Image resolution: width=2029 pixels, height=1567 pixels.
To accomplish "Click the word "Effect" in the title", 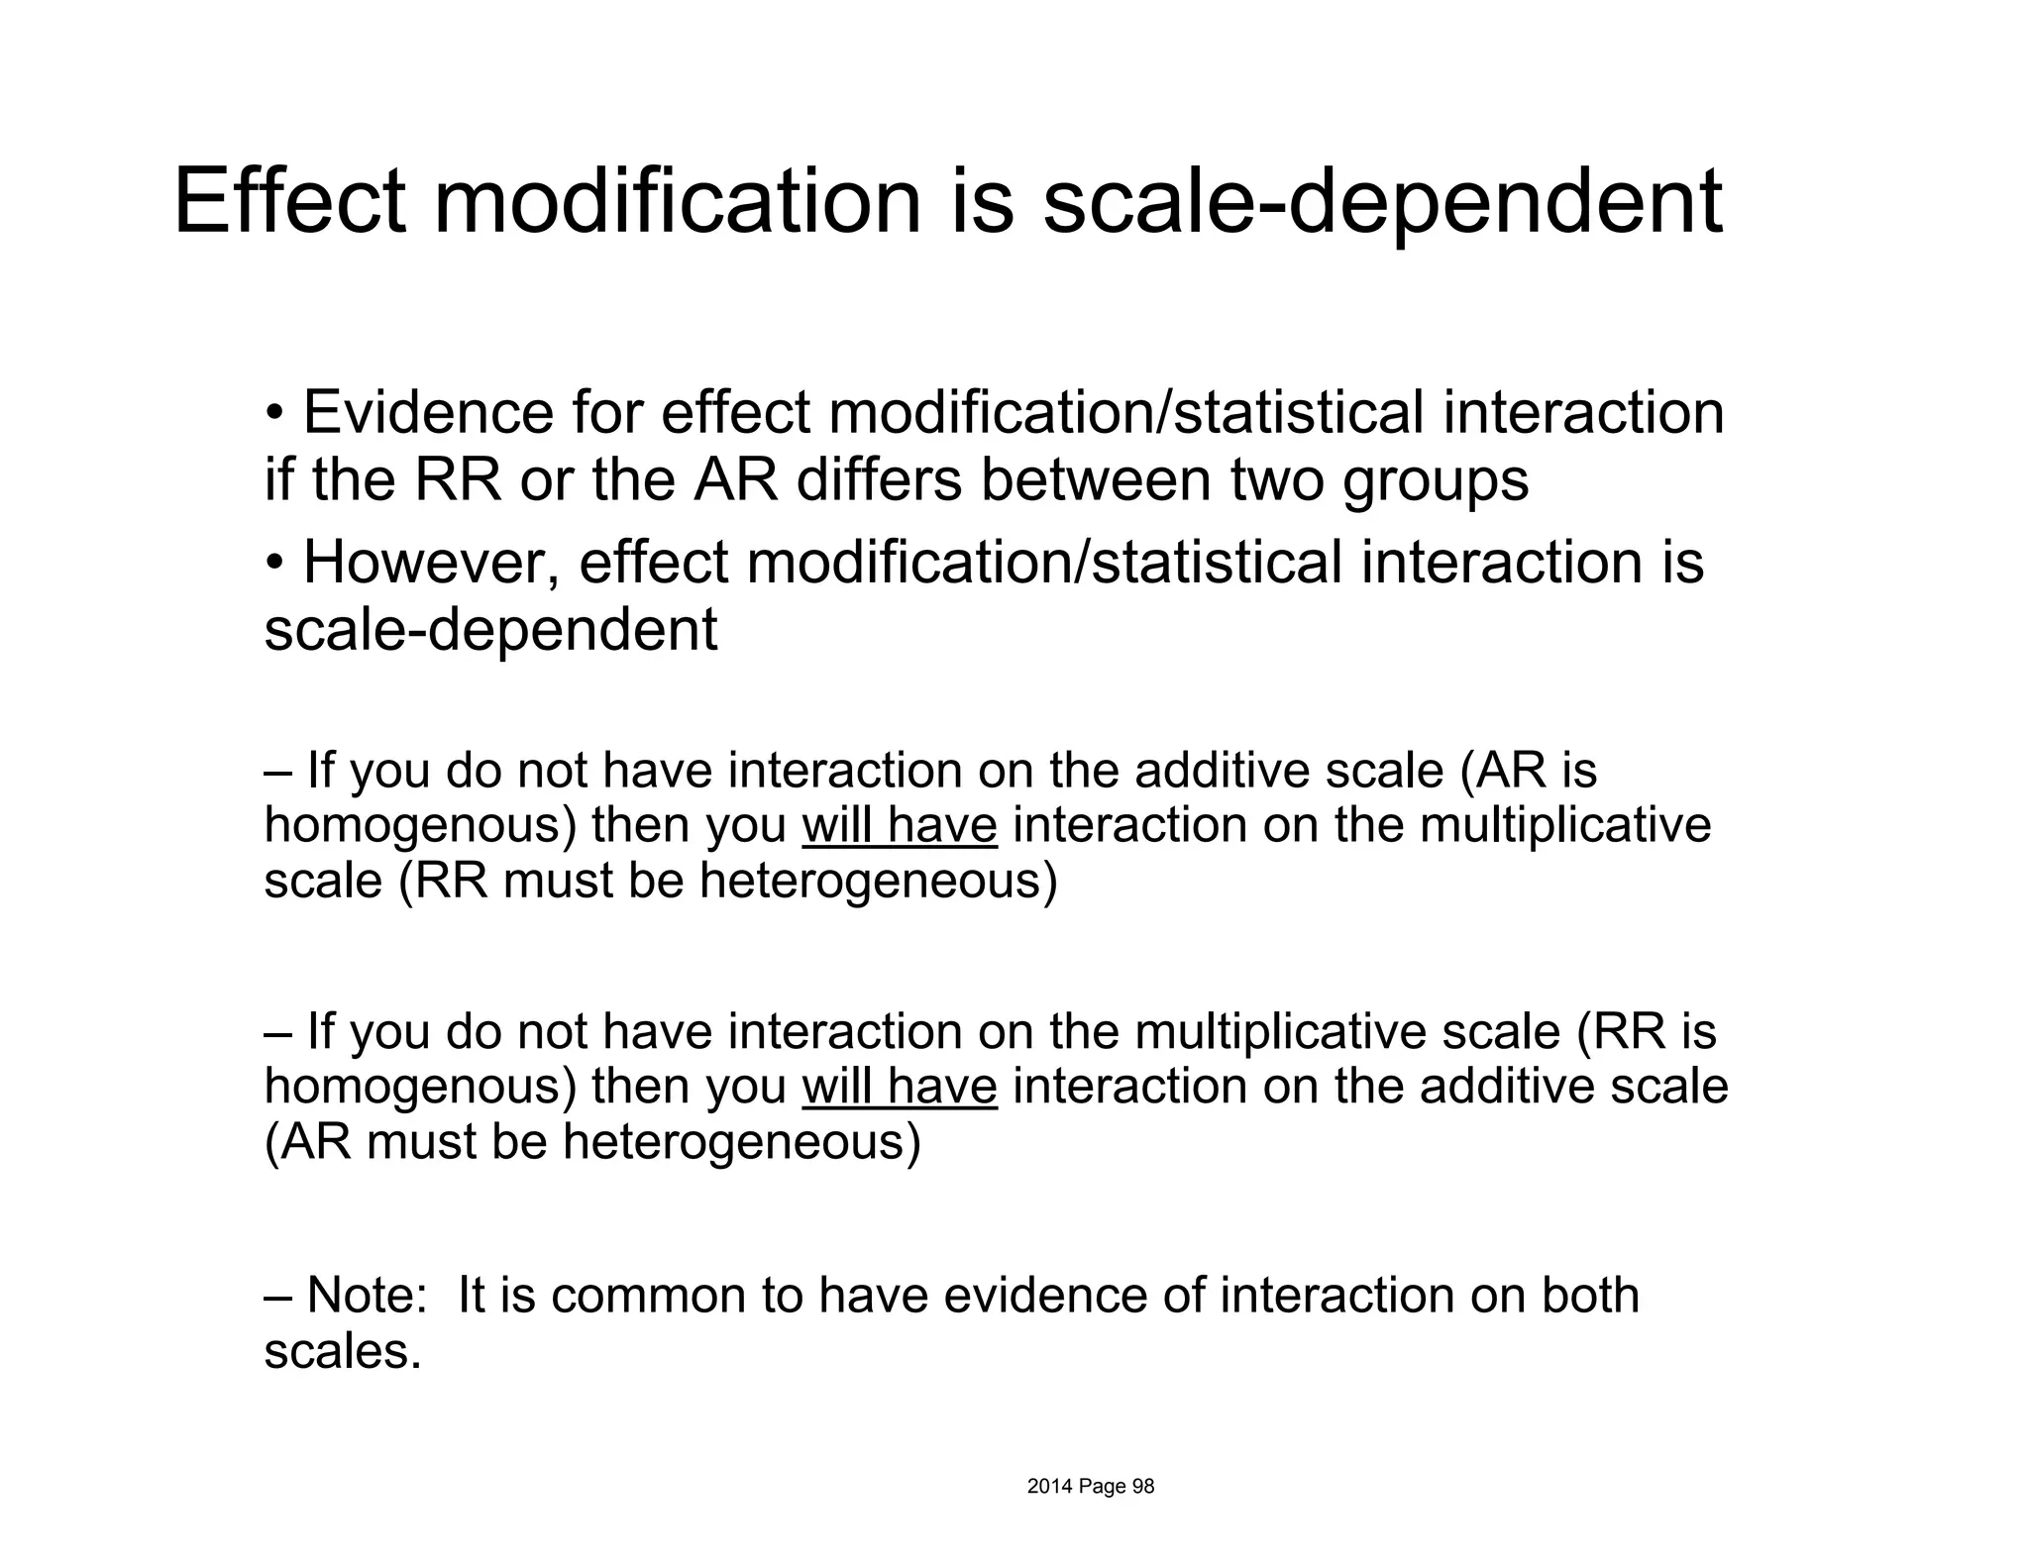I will point(289,202).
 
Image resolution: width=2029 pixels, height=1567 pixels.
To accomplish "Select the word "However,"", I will point(430,562).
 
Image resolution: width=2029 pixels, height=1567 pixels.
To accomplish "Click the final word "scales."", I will point(343,1351).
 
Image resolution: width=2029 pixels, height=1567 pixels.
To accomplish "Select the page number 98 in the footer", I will point(1143,1487).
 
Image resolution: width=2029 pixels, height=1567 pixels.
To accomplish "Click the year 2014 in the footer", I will point(1048,1487).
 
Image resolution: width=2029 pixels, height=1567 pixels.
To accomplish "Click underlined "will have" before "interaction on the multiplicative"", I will point(899,826).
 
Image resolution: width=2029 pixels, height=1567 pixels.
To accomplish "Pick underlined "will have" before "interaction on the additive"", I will point(899,1087).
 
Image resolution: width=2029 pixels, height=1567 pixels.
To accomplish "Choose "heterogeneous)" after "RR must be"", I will point(878,881).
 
